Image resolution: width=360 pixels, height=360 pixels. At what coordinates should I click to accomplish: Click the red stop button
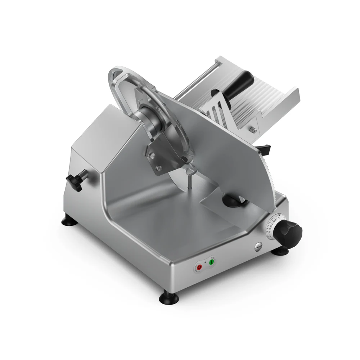(x=199, y=267)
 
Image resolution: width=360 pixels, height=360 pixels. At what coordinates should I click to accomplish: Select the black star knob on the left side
(x=75, y=179)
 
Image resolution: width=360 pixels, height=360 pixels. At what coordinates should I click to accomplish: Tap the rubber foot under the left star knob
(x=68, y=220)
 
